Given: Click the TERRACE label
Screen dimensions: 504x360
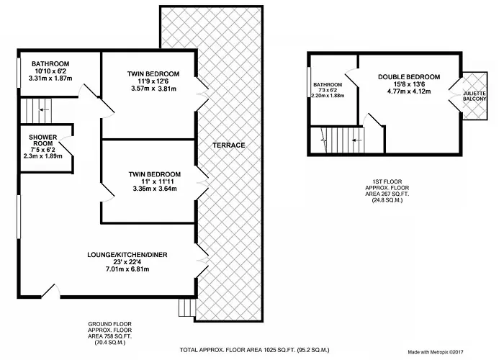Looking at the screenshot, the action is coord(229,145).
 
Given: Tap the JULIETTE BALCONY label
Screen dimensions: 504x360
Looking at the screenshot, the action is coord(474,96).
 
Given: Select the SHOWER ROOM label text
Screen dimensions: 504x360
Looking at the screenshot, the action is coord(43,140).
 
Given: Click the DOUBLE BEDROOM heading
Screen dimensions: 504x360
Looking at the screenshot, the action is coord(409,77).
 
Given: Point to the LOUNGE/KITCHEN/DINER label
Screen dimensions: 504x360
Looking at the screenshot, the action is coord(127,255).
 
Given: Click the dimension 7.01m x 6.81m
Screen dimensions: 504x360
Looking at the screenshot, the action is coord(127,269).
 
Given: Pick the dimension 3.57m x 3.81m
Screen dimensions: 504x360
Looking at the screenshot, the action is coord(153,89).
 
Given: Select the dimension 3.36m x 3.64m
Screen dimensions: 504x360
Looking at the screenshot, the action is coord(155,189).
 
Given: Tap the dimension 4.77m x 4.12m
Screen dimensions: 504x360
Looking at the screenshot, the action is coord(409,91).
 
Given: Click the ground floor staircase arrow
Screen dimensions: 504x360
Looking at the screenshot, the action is coord(45,110).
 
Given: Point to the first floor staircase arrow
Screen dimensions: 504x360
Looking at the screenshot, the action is coord(357,140).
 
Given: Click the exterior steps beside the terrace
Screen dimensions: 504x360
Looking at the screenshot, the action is coord(187,307).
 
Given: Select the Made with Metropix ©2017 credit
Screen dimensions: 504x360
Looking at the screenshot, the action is coord(436,352).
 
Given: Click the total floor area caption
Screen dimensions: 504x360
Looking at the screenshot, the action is coord(254,350).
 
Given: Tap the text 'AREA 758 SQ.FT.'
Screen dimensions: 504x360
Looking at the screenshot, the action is coord(110,336).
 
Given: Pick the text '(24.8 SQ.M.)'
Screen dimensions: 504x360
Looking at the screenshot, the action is coord(387,200).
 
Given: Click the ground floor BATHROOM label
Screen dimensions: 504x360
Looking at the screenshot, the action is coord(50,63).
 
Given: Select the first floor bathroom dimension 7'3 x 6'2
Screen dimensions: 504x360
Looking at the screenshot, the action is coord(328,90).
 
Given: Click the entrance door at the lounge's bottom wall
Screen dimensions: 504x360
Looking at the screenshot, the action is coord(51,291).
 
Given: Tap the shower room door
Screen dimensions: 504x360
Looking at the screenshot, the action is coord(66,146).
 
